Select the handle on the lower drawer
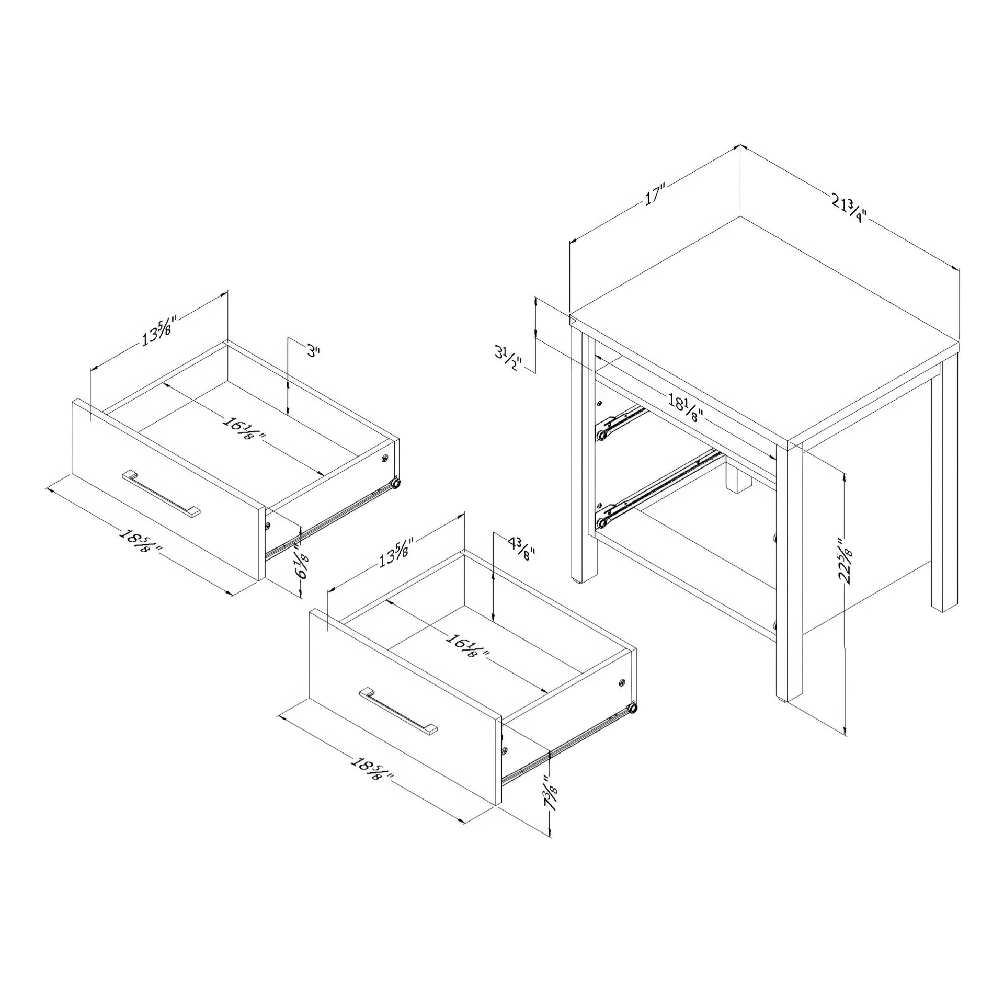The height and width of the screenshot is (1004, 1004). click(398, 712)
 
